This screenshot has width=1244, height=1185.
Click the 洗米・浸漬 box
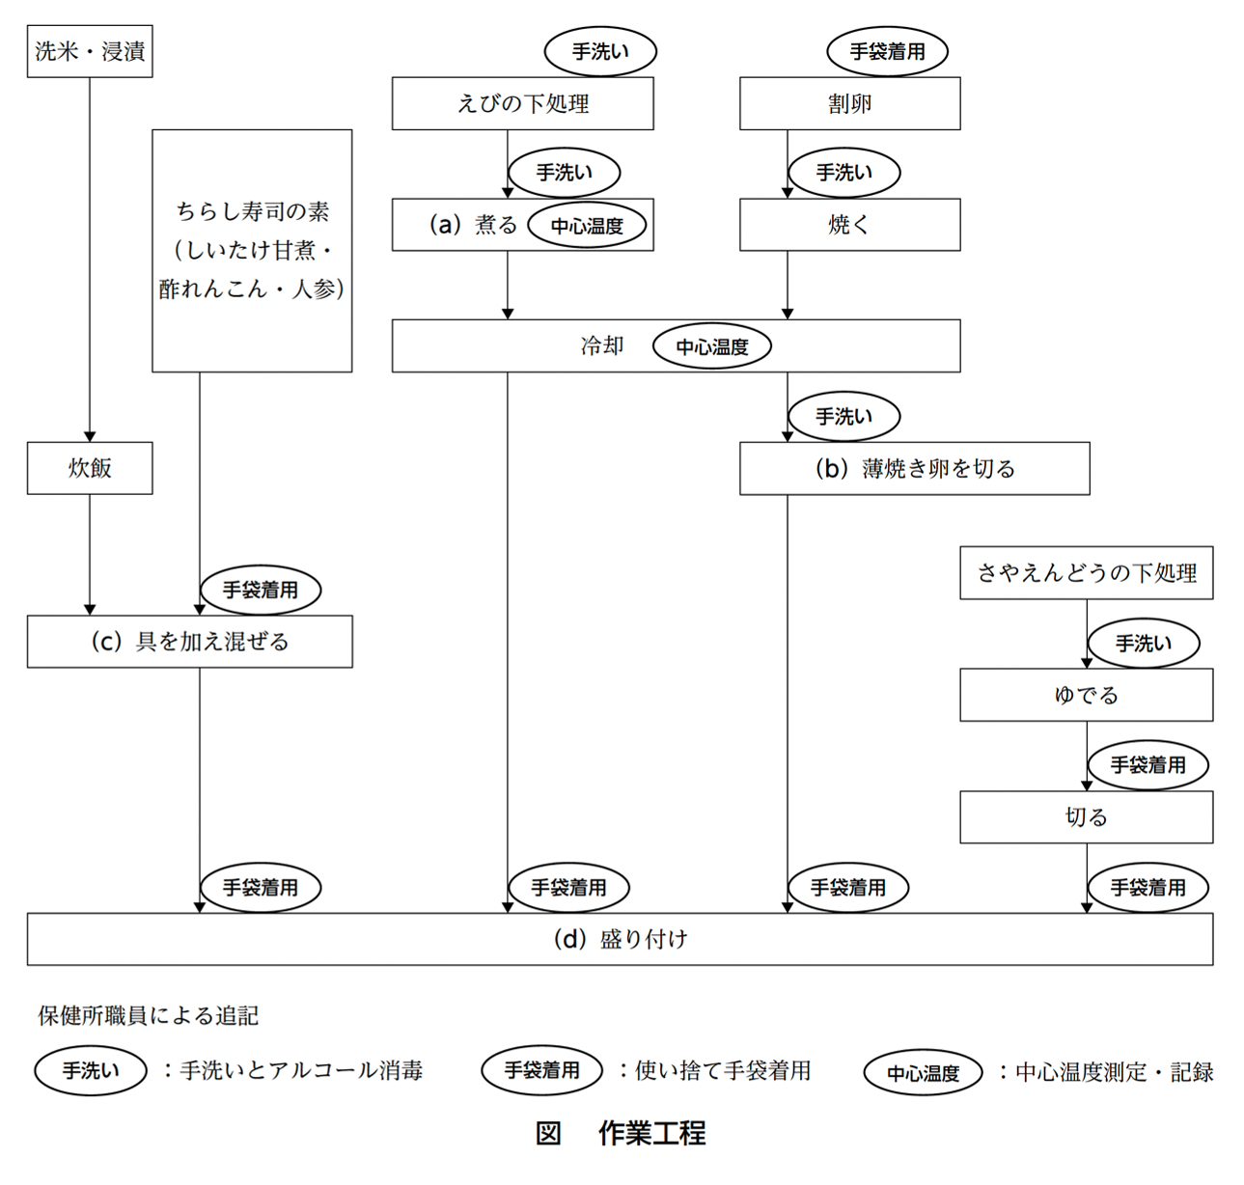pyautogui.click(x=90, y=51)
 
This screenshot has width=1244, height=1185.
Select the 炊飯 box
pyautogui.click(x=90, y=468)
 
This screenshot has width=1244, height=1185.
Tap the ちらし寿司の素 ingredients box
pyautogui.click(x=252, y=251)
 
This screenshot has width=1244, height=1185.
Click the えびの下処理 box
pyautogui.click(x=522, y=103)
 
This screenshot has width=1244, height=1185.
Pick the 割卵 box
pyautogui.click(x=849, y=103)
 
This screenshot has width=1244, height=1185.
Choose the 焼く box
pyautogui.click(x=849, y=225)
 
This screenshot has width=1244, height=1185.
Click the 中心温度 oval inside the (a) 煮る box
pyautogui.click(x=587, y=226)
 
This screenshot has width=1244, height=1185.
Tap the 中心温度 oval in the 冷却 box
pyautogui.click(x=712, y=346)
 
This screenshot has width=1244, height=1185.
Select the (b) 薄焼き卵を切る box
pyautogui.click(x=914, y=469)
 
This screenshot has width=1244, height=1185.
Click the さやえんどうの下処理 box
pyautogui.click(x=1086, y=573)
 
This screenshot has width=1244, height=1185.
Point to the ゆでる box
pyautogui.click(x=1086, y=695)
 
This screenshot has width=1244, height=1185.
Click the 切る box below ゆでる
pyautogui.click(x=1086, y=817)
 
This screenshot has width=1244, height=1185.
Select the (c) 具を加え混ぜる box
pyautogui.click(x=189, y=642)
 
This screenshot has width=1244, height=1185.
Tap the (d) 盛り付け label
pyautogui.click(x=620, y=939)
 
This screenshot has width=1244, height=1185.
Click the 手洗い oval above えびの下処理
pyautogui.click(x=600, y=52)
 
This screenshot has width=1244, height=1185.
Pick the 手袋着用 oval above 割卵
pyautogui.click(x=887, y=52)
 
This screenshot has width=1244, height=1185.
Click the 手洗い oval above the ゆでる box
pyautogui.click(x=1144, y=644)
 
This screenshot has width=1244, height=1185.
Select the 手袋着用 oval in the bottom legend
pyautogui.click(x=541, y=1070)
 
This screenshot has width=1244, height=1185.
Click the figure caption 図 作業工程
pyautogui.click(x=621, y=1132)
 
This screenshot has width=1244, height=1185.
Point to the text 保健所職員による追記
pyautogui.click(x=148, y=1015)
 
